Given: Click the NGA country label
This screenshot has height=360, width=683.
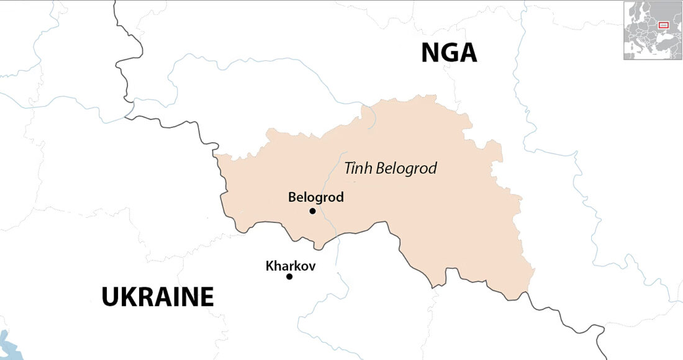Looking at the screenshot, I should point(449,53).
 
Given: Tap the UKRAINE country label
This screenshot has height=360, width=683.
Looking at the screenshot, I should point(158,297).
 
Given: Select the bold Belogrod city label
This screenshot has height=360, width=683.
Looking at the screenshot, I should point(315,197).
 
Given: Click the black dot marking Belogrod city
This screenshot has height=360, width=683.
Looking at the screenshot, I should point(312,211).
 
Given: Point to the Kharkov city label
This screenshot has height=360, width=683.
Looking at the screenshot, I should point(291,266).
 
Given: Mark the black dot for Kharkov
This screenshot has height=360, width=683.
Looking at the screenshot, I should point(289,276).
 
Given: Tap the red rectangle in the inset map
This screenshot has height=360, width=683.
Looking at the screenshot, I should point(663,25).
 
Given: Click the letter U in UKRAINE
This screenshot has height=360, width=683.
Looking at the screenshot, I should point(110,297).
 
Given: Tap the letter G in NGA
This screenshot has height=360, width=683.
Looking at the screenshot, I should point(449,53).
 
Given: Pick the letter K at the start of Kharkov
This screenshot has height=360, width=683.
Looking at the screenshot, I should point(269,266).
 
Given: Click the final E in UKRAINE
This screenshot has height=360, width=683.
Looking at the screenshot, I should point(207,297).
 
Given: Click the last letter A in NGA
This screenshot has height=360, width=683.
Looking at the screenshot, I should point(468,53).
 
